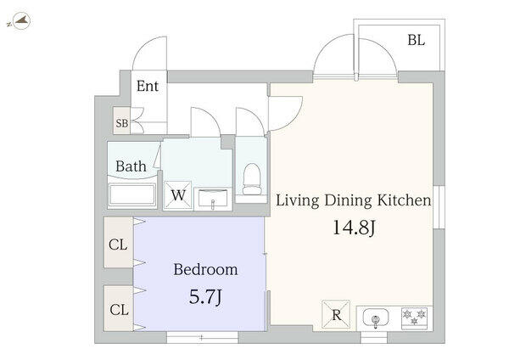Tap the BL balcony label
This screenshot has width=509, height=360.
pyautogui.click(x=417, y=40)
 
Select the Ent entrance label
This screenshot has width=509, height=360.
pyautogui.click(x=148, y=86)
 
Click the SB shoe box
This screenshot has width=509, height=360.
pyautogui.click(x=121, y=121)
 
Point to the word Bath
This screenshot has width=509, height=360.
pyautogui.click(x=131, y=166)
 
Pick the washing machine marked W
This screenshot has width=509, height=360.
pyautogui.click(x=177, y=195)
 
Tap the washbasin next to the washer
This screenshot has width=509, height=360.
pyautogui.click(x=213, y=199)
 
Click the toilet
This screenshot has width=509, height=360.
pyautogui.click(x=252, y=179)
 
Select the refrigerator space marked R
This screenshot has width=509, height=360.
pyautogui.click(x=336, y=314)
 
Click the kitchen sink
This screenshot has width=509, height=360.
pyautogui.click(x=376, y=318)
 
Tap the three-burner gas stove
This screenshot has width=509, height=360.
pyautogui.click(x=414, y=318)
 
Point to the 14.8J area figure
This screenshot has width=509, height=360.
pyautogui.click(x=354, y=227)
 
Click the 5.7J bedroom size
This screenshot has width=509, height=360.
pyautogui.click(x=206, y=296)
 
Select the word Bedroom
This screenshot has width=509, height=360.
pyautogui.click(x=205, y=269)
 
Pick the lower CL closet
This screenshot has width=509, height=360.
pyautogui.click(x=119, y=308)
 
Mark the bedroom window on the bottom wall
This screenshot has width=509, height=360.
pyautogui.click(x=202, y=338)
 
